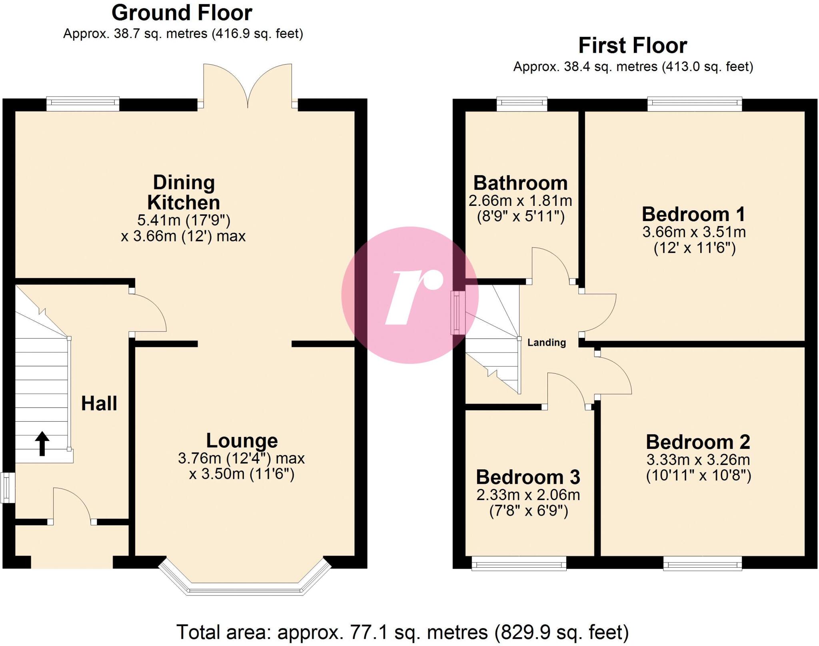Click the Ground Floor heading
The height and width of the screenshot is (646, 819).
coord(182,13)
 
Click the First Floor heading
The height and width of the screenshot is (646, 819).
coord(633,46)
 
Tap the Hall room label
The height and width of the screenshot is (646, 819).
coord(99,403)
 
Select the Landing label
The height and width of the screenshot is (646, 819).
coord(547,343)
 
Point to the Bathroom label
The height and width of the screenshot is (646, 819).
coord(520,183)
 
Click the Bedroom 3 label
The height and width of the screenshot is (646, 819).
coord(528,477)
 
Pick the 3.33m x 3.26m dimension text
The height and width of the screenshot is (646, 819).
coord(698,460)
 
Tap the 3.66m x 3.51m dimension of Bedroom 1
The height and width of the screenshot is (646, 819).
coord(694,232)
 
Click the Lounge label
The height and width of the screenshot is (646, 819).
coord(242,441)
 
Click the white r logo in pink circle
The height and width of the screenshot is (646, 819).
coord(412,296)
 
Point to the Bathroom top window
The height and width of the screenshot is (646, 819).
coord(522,104)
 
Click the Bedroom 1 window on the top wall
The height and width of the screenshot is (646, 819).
coord(695,104)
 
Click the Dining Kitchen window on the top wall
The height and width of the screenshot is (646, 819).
coord(83,104)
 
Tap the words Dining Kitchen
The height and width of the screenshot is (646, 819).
coord(184,193)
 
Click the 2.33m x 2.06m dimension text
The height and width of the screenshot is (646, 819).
coord(528,495)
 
